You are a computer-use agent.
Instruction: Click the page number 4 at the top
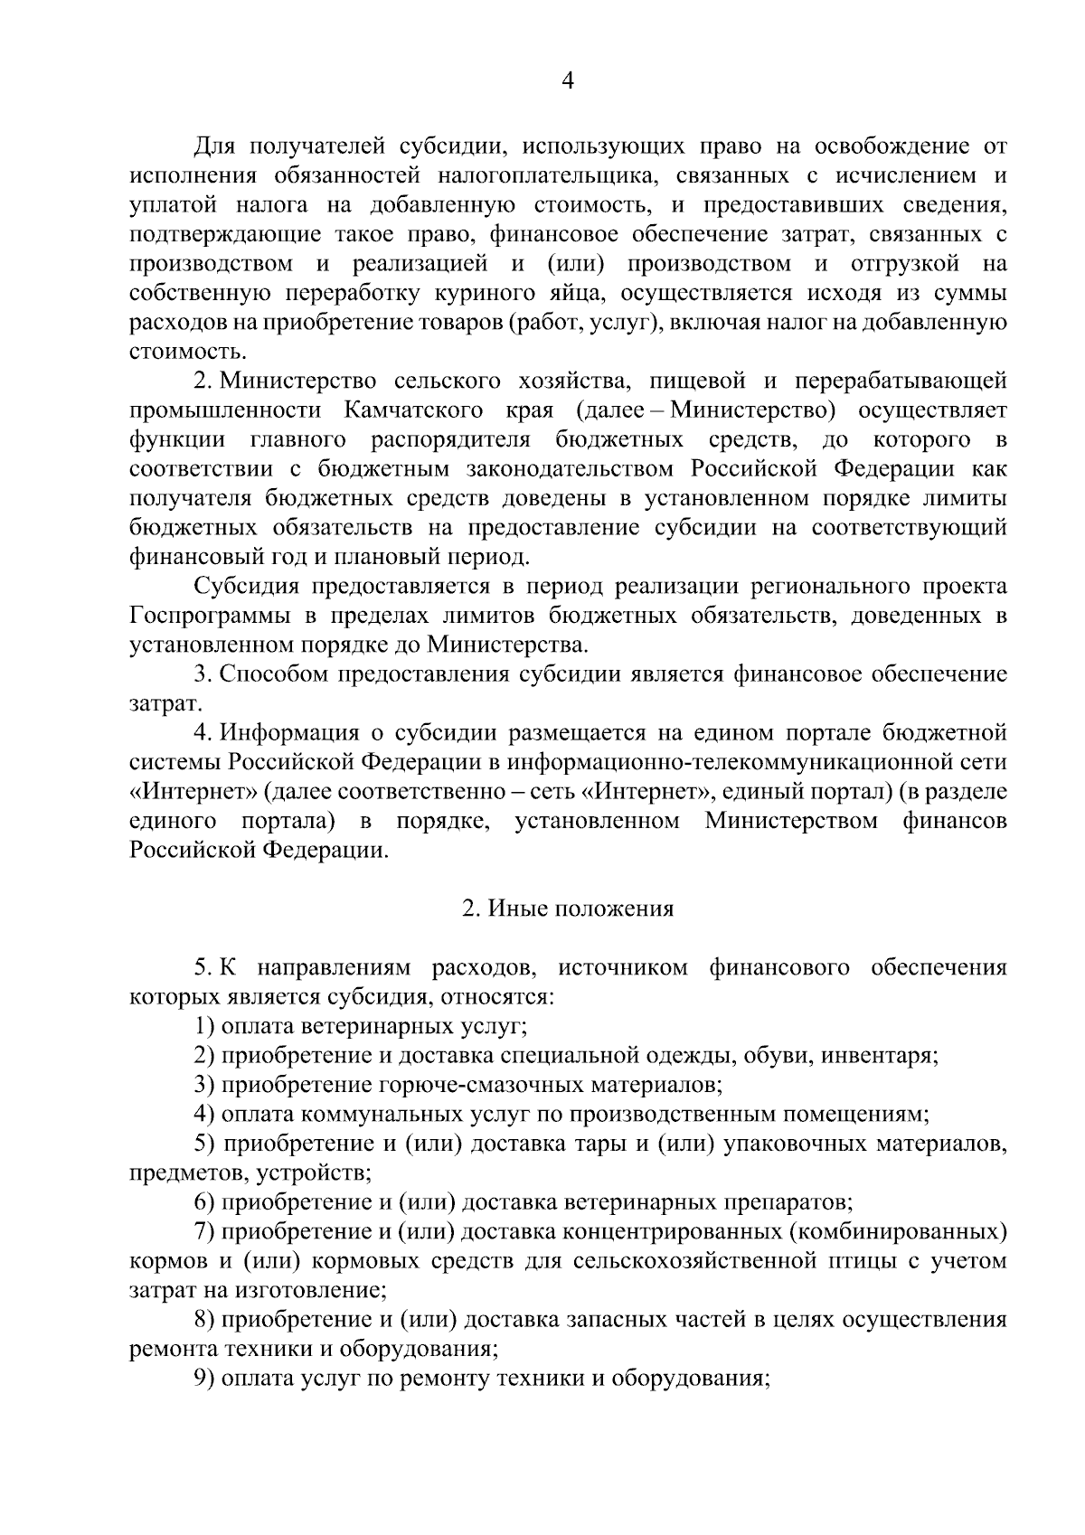coord(568,81)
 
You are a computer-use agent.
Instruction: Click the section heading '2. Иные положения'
coord(568,909)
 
